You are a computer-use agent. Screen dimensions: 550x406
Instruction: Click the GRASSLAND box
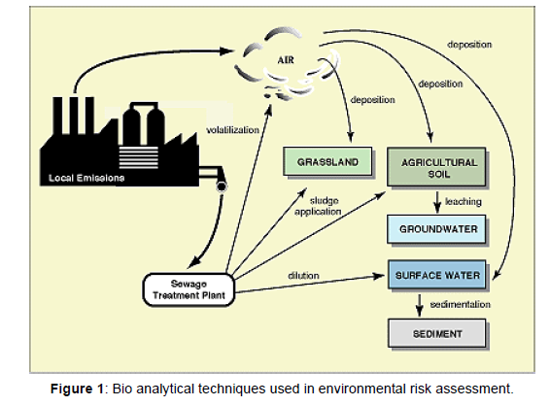click(x=327, y=161)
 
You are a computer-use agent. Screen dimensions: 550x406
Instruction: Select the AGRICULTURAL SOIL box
click(x=436, y=167)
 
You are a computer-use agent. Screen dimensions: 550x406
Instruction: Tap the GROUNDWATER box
click(x=436, y=229)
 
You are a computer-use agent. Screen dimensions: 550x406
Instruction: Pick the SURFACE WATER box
click(x=437, y=275)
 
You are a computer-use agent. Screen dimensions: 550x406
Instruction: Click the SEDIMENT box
click(x=437, y=333)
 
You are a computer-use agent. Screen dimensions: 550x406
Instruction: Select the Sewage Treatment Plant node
click(x=189, y=289)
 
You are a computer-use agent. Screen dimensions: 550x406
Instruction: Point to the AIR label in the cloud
click(x=286, y=60)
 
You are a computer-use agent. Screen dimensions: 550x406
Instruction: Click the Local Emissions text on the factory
click(x=86, y=178)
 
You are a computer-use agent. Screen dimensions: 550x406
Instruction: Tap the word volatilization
click(x=233, y=130)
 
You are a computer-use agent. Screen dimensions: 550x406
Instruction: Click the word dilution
click(x=303, y=276)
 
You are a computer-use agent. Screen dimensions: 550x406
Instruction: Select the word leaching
click(x=463, y=202)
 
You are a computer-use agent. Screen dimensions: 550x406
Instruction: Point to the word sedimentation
click(x=461, y=304)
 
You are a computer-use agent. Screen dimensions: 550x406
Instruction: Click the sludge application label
click(x=318, y=206)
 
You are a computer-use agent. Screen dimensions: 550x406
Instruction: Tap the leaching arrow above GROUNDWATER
click(x=437, y=202)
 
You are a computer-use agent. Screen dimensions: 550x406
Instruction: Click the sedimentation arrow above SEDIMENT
click(x=419, y=305)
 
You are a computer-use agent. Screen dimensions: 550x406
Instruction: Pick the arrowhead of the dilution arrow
click(x=379, y=276)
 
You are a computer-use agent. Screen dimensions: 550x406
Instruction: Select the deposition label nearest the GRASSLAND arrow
click(x=373, y=100)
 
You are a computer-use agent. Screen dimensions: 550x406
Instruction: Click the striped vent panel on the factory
click(x=139, y=156)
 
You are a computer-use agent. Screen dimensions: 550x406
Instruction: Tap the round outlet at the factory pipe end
click(x=222, y=186)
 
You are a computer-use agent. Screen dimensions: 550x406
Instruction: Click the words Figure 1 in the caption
click(x=77, y=389)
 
